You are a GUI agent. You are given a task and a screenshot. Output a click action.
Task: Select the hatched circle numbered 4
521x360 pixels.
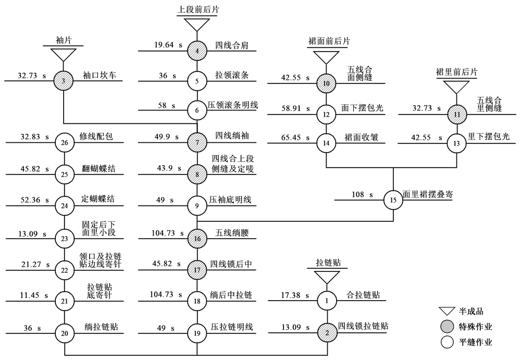point(197,51)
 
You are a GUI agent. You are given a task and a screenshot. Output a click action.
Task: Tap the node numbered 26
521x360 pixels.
point(65,142)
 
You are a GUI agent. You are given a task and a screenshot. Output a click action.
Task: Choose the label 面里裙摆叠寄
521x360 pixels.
point(427,195)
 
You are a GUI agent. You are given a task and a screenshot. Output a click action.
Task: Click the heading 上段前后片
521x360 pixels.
point(196,9)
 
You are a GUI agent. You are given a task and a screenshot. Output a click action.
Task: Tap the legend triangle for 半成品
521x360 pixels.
point(445,311)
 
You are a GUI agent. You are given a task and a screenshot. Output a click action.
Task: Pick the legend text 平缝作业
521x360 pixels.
point(475,342)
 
